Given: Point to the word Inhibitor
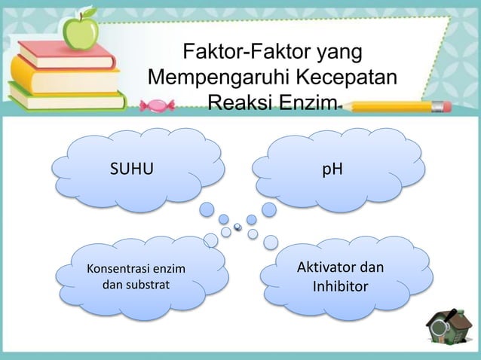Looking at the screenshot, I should [x=340, y=288].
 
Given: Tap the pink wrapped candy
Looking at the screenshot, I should [x=162, y=105].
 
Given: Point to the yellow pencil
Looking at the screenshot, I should [x=392, y=106].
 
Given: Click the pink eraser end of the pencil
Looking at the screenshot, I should [x=445, y=106].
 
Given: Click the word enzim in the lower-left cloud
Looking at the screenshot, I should [x=167, y=269].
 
